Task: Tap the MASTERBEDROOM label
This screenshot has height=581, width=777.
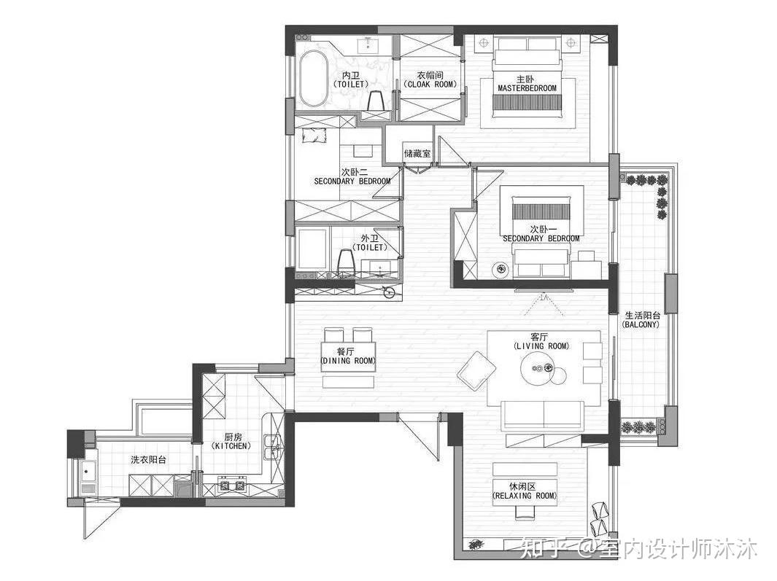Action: click(527, 88)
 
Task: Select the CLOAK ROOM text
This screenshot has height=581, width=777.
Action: click(430, 85)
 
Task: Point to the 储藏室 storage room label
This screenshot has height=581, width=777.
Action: click(417, 154)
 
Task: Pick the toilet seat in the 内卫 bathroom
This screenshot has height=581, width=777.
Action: click(377, 101)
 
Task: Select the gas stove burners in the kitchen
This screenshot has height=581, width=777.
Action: click(232, 485)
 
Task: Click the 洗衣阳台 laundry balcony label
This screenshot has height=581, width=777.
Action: click(148, 460)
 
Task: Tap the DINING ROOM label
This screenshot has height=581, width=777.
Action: click(348, 361)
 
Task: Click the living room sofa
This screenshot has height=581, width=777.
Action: click(543, 415)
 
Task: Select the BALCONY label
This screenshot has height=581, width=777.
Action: click(641, 324)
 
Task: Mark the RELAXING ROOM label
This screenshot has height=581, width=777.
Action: click(525, 495)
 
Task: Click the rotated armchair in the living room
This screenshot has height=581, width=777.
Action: click(476, 370)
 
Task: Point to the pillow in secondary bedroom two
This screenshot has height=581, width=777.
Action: click(313, 135)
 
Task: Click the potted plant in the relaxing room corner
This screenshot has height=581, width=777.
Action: click(476, 544)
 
